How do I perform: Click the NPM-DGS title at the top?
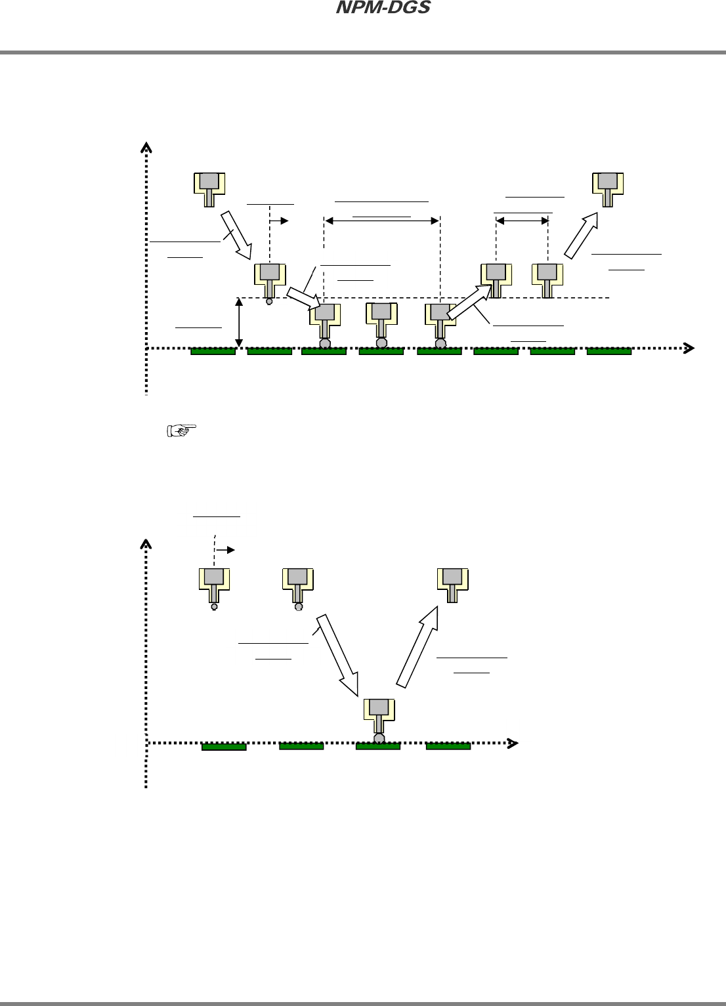click(x=383, y=8)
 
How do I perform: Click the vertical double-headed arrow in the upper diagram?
click(x=240, y=322)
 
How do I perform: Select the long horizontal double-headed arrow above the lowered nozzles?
click(x=382, y=221)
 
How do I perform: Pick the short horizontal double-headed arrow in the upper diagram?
click(x=523, y=221)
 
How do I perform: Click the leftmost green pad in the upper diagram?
click(x=213, y=352)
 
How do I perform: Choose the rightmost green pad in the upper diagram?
click(x=609, y=352)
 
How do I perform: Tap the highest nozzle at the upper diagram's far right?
click(x=608, y=188)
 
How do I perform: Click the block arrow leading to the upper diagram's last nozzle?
click(x=582, y=235)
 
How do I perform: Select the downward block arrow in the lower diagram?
click(x=338, y=654)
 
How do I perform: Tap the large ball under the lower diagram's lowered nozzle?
click(x=379, y=739)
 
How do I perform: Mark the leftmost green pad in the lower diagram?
click(x=224, y=747)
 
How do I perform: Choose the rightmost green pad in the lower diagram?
click(x=448, y=746)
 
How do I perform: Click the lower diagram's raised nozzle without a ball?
click(x=452, y=585)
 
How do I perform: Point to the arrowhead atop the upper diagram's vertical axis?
click(x=146, y=147)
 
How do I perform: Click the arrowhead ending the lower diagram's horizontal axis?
click(x=513, y=744)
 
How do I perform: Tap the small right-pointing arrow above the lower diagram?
click(x=225, y=550)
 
